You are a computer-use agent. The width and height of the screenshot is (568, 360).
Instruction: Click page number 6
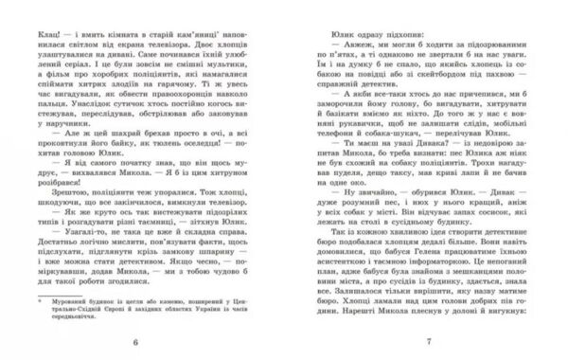click(x=137, y=346)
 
